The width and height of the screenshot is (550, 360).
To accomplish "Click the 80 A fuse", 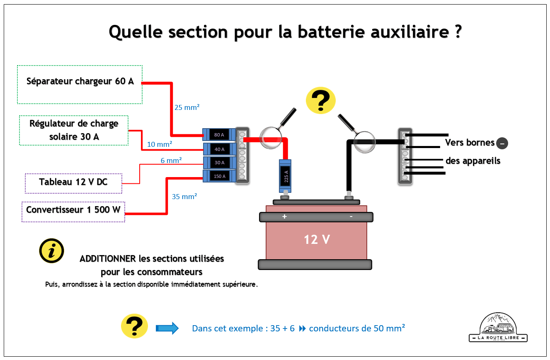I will pos(219,135).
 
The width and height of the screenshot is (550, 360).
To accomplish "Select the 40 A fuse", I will pos(219,149).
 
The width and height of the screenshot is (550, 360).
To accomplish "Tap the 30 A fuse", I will pos(219,163).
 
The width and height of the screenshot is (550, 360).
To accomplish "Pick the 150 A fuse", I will pos(219,176).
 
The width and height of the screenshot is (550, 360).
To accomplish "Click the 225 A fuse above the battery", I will pos(286,176).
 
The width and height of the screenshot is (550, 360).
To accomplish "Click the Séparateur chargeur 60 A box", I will pos(80,84).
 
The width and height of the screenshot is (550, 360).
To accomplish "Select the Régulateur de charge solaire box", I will pos(74,130).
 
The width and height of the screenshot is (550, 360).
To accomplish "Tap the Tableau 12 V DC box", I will pos(73,183).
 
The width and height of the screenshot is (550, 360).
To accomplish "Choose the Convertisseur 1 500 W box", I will pos(73,212).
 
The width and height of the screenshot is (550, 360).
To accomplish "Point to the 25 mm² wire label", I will pos(187,107).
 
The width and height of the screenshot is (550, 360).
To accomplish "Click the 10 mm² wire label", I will pos(160,144).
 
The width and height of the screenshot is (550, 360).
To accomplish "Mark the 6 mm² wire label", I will pos(171,160).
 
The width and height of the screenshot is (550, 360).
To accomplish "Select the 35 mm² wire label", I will pos(184,197).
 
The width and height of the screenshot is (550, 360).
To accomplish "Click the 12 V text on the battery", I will pos(317,239).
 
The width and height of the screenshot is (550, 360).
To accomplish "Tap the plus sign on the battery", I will pos(284,216).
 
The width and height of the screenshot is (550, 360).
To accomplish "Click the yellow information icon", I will pos(51,251).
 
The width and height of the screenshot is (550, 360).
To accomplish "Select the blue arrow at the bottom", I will pos(167,328).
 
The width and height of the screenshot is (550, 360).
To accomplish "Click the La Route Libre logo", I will pos(498,328).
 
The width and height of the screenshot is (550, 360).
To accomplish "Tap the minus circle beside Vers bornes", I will pos(502,143).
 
